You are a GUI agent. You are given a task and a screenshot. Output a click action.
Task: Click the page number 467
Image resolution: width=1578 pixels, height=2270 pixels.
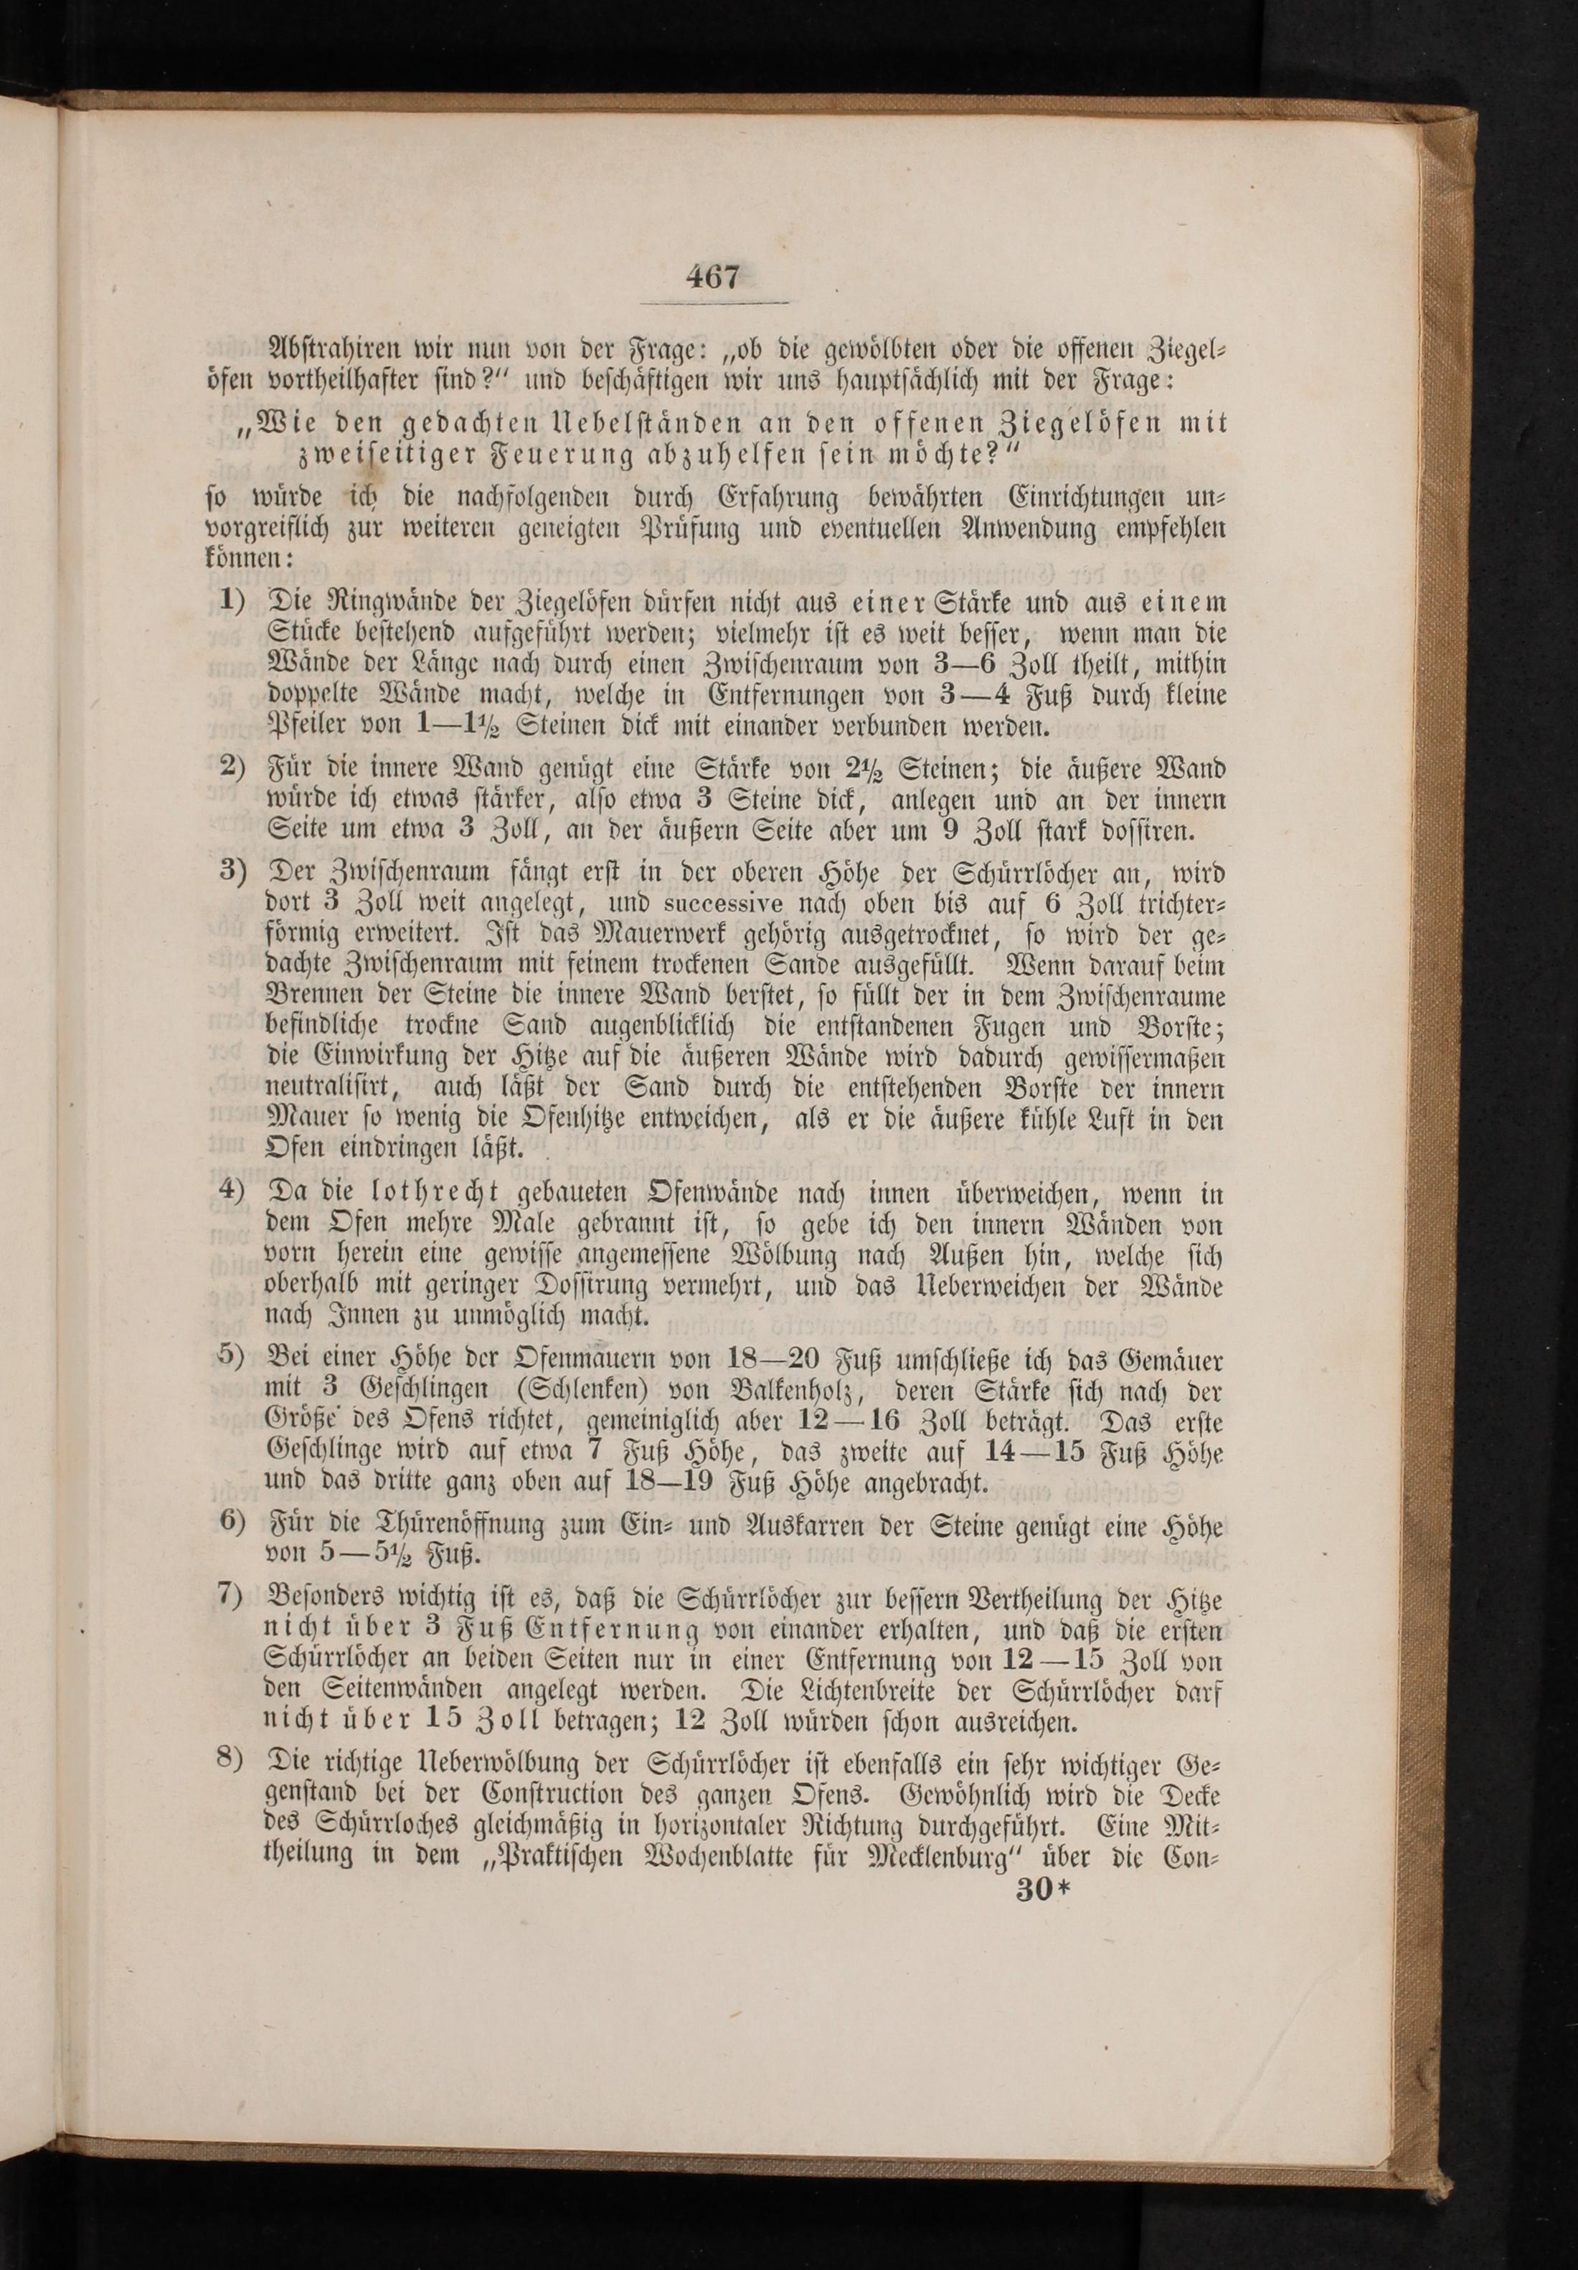tap(713, 276)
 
